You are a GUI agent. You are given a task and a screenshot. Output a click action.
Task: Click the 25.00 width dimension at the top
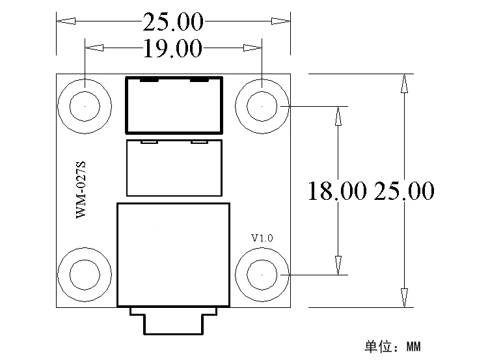point(173,22)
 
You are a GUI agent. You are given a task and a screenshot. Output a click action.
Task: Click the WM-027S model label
point(81,190)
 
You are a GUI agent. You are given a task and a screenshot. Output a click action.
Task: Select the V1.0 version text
point(262,238)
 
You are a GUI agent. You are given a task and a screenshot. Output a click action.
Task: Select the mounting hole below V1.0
point(262,274)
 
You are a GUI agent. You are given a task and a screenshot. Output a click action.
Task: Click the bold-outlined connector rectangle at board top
point(174,104)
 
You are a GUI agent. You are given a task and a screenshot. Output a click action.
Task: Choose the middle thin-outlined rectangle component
point(174,167)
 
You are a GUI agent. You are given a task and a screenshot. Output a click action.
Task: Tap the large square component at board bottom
point(174,254)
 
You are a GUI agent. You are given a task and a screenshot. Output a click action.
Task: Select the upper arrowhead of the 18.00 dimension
point(337,115)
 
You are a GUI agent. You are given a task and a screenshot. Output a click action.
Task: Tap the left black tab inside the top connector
point(149,80)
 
